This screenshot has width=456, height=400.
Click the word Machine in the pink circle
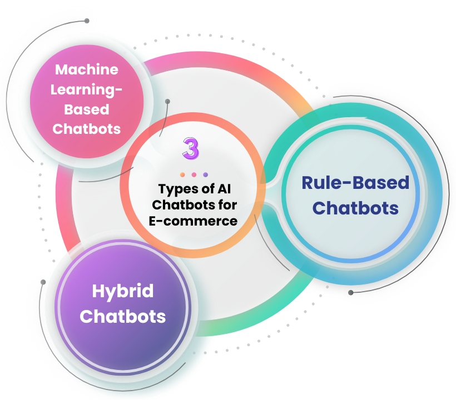(86, 69)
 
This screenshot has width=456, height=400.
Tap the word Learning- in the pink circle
(86, 89)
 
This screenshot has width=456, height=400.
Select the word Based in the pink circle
(86, 108)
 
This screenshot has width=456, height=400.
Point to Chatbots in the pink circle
(86, 128)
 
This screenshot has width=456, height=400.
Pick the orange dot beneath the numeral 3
(182, 174)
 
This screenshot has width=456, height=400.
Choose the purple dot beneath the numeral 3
(205, 174)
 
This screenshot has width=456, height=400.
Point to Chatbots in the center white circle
(181, 204)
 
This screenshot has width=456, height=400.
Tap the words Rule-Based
(355, 183)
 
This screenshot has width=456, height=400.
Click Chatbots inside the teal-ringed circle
(355, 208)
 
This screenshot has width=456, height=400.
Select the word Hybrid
(122, 291)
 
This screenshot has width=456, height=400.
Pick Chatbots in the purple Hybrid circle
(122, 316)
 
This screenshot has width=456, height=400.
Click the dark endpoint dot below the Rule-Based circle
(350, 292)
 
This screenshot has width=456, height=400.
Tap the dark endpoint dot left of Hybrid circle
(43, 282)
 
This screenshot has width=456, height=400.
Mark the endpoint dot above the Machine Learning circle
(87, 21)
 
